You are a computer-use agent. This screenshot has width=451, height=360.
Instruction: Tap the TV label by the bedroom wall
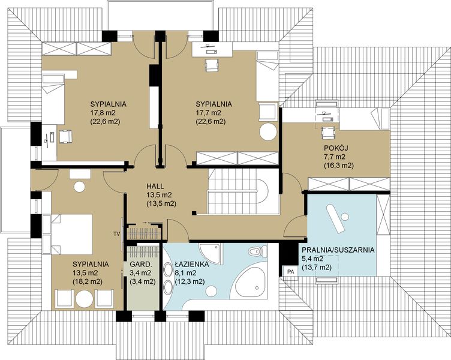point(116,234)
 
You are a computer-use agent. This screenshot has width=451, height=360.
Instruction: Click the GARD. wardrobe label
point(140,264)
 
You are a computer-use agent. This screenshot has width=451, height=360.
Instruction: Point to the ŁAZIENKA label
point(191,265)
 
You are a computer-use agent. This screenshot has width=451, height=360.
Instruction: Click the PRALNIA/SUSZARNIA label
point(338,250)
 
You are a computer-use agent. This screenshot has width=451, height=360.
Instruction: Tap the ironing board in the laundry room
point(335,218)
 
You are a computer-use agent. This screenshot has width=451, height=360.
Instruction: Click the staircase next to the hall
point(243,191)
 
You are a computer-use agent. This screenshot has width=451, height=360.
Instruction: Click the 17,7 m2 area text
point(211,113)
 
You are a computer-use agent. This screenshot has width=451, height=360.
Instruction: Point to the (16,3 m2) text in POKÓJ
point(338,166)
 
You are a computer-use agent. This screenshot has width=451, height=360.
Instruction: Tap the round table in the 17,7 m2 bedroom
point(267,132)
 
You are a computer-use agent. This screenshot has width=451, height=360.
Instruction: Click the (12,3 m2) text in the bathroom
point(190,282)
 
